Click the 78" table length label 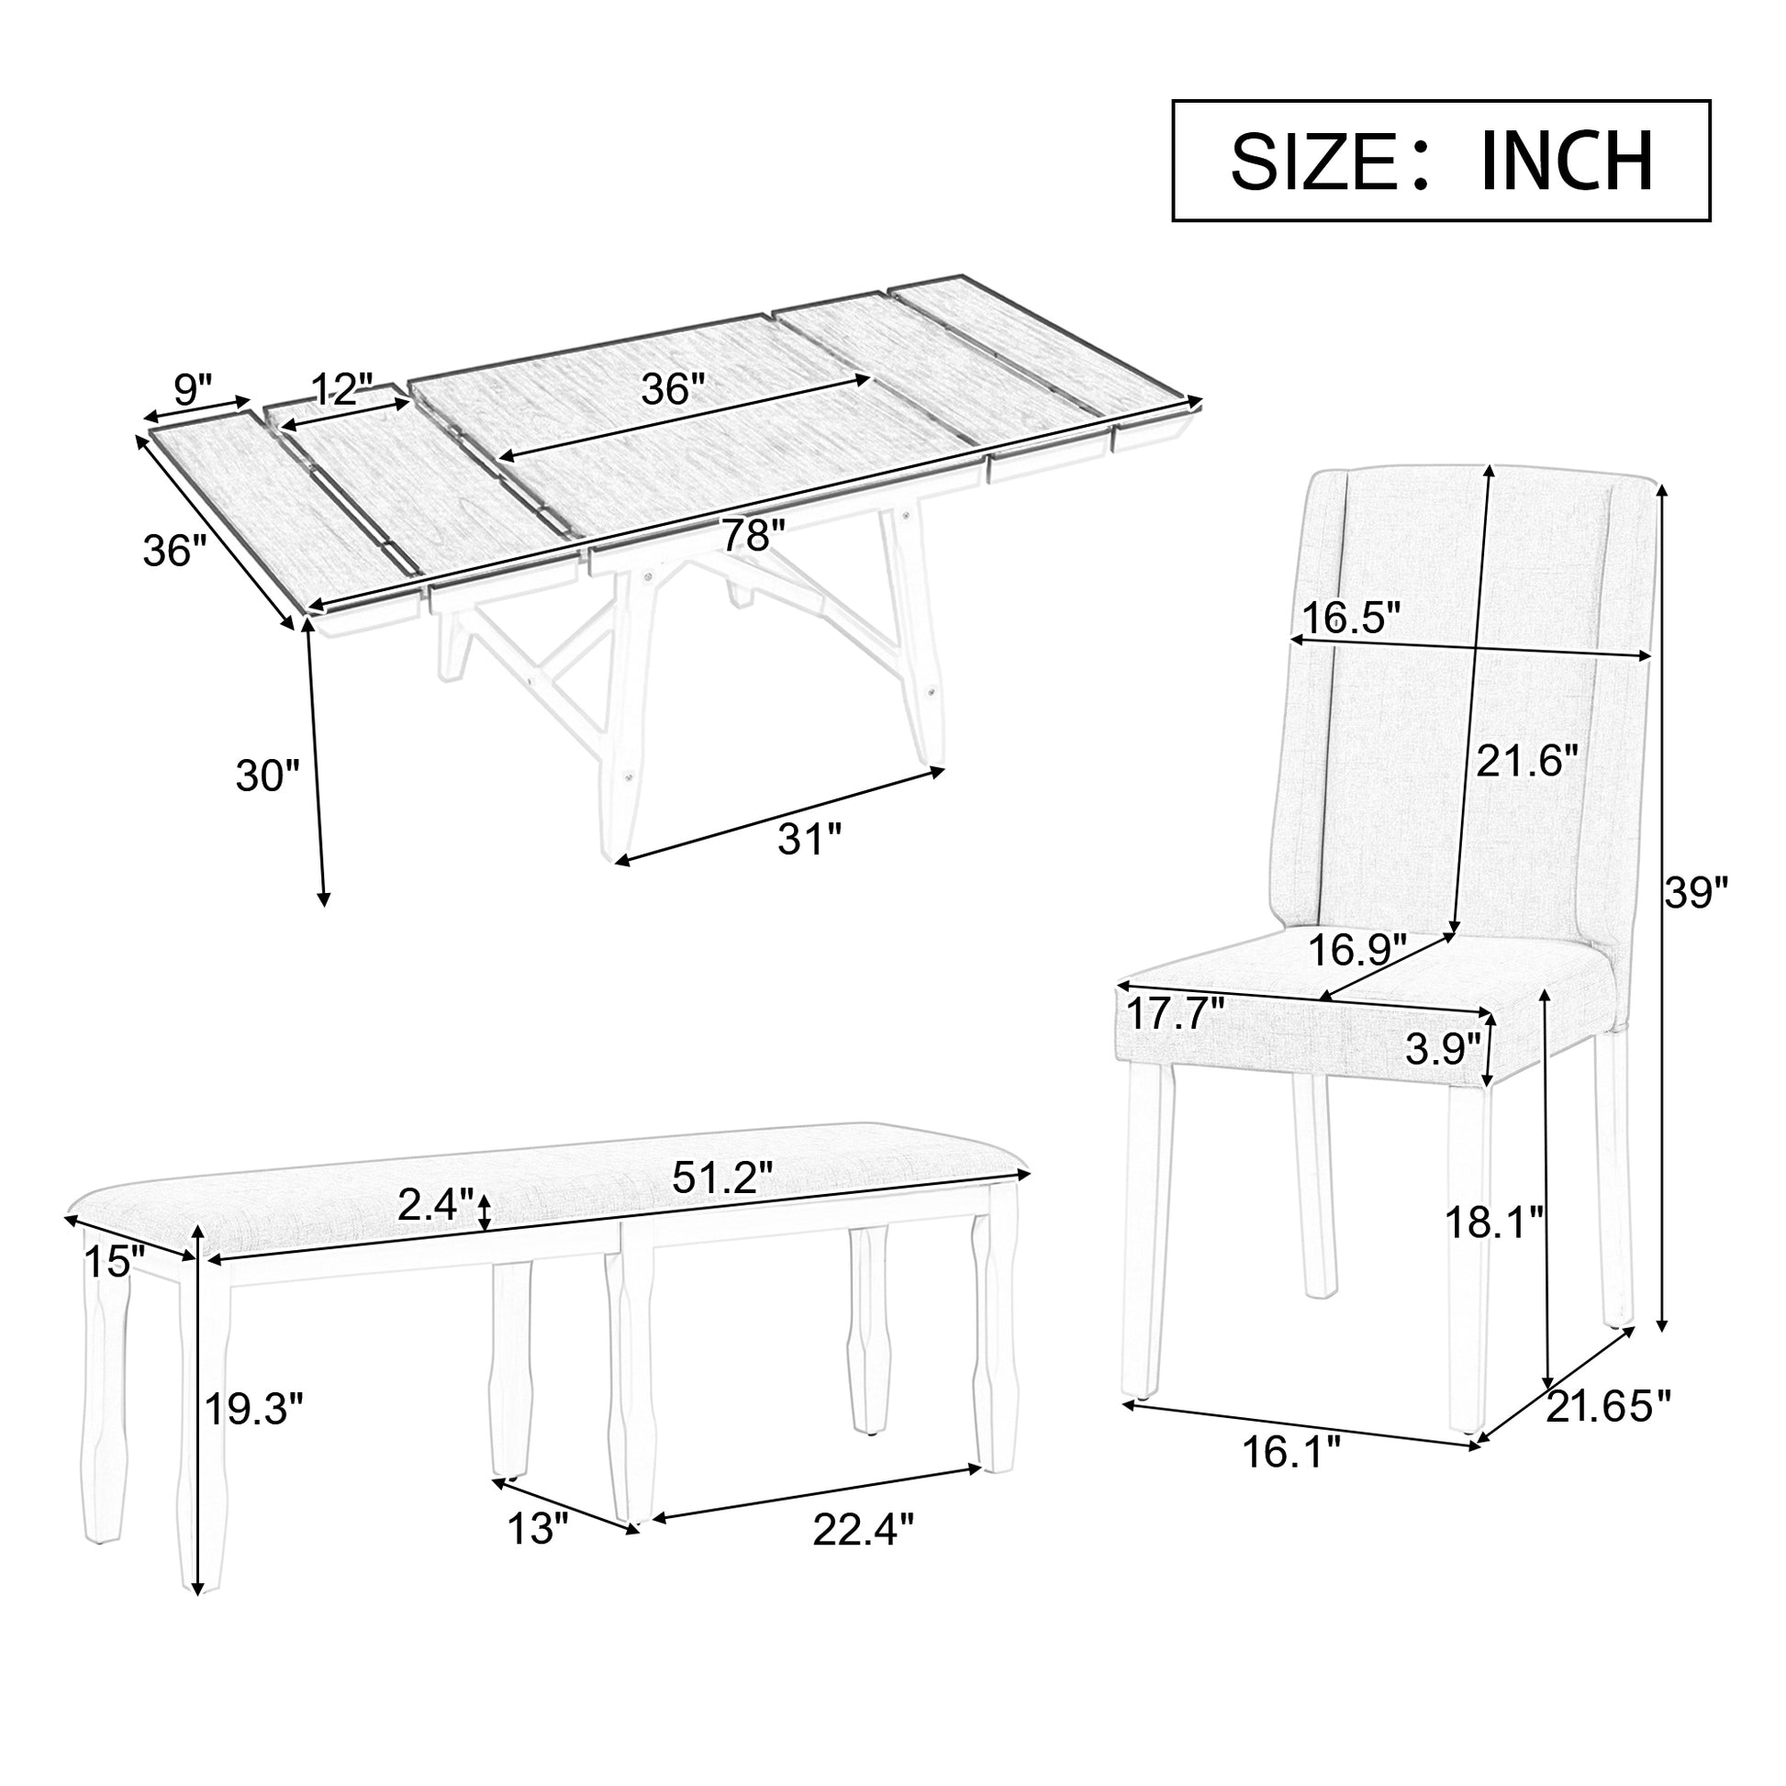(753, 535)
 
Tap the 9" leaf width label (193, 390)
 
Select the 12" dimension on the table (341, 390)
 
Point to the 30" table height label (268, 775)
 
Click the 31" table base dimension (809, 841)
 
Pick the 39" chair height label (1696, 893)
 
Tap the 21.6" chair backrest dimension (1526, 762)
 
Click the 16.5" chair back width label (1352, 617)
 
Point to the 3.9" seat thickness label (1442, 1049)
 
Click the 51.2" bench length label (722, 1178)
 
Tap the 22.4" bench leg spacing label (863, 1530)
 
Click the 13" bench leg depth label (536, 1528)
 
